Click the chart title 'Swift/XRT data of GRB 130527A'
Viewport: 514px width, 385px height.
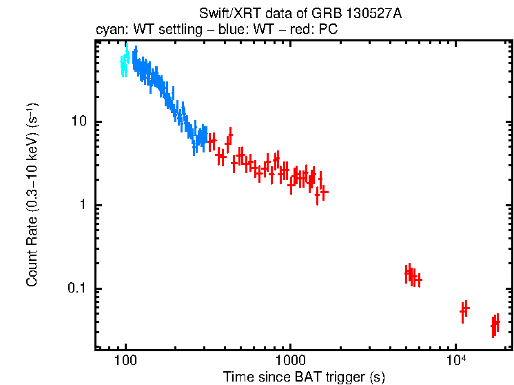click(x=300, y=14)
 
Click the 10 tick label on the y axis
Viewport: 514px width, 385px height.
click(x=81, y=122)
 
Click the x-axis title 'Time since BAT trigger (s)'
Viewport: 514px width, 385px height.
click(x=304, y=377)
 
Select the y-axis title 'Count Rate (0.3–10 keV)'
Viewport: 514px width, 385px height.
click(x=32, y=195)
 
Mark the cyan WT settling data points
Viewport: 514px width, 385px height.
click(x=124, y=63)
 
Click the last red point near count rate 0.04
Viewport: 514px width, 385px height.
click(x=495, y=323)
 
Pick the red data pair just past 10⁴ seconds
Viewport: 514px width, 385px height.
click(x=464, y=310)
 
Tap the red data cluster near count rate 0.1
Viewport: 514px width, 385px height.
click(x=412, y=276)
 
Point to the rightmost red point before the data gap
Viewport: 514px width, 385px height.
click(x=324, y=192)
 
